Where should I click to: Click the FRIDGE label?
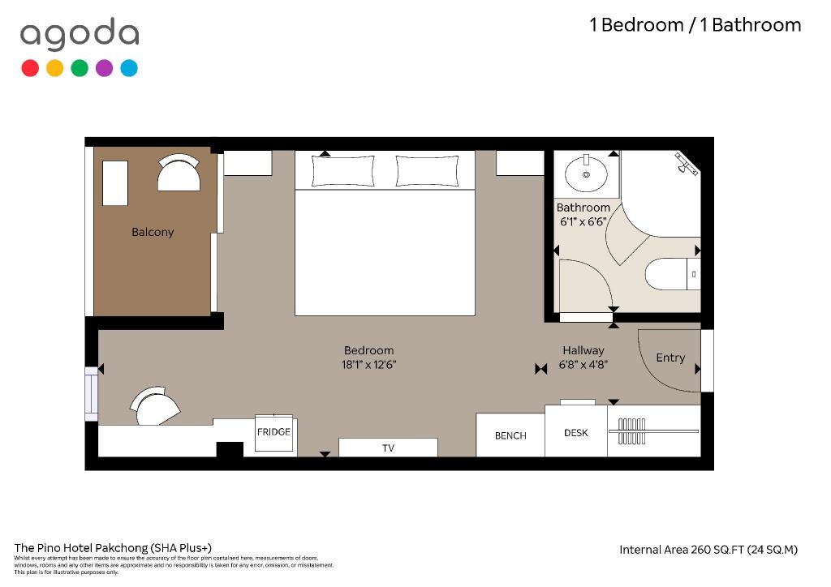(x=273, y=432)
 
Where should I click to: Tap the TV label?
(x=388, y=448)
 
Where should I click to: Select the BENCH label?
(x=510, y=435)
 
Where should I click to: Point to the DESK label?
(x=575, y=432)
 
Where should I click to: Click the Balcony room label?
(x=153, y=232)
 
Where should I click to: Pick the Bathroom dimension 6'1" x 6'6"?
(x=583, y=221)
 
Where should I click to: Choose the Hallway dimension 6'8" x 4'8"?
(x=583, y=364)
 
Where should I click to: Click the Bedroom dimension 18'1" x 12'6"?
(x=369, y=364)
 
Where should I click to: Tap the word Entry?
(x=670, y=358)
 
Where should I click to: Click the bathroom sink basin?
(x=586, y=174)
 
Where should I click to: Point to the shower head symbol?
(x=686, y=163)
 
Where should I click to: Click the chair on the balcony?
(x=179, y=172)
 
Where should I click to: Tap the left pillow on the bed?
(x=342, y=170)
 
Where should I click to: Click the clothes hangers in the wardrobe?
(x=631, y=431)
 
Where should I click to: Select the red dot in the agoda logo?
(x=30, y=68)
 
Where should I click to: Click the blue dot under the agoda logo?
(x=129, y=68)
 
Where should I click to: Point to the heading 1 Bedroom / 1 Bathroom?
(x=695, y=25)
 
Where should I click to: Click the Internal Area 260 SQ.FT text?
(x=682, y=550)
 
